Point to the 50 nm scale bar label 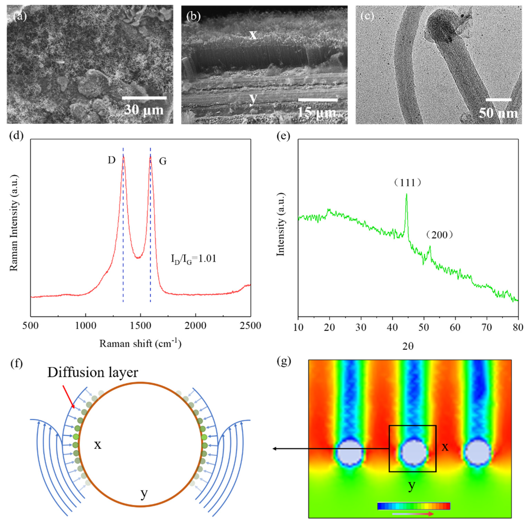(498, 113)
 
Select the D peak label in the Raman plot (111, 160)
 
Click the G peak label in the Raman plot (163, 161)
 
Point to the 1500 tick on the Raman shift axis (141, 325)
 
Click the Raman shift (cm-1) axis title (140, 343)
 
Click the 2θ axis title (408, 346)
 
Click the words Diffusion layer (93, 372)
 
